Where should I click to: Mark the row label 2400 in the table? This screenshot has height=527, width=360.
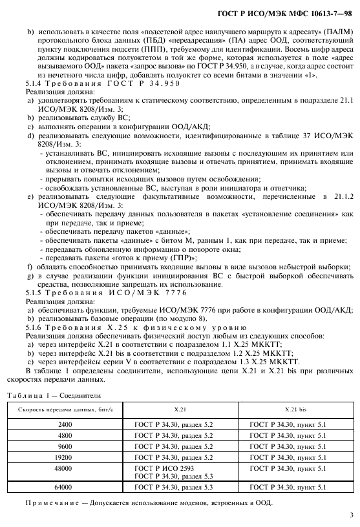point(65,424)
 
